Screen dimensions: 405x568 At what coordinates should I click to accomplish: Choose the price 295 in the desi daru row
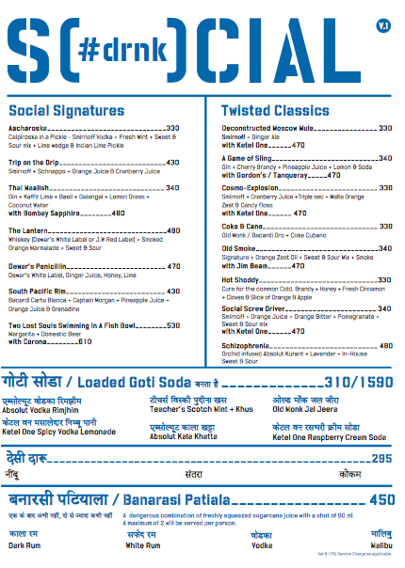pos(381,458)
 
